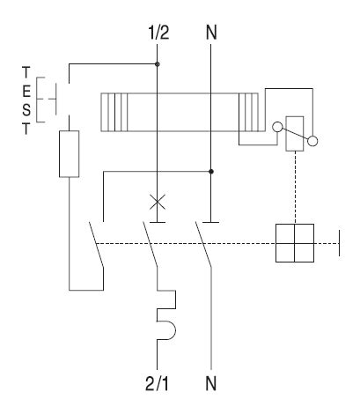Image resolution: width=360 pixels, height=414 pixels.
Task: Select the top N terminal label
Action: click(x=211, y=34)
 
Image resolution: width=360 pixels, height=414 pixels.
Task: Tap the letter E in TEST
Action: click(x=26, y=92)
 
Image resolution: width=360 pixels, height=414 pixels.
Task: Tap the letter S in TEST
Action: click(x=26, y=109)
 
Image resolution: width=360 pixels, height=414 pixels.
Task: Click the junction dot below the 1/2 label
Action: click(x=157, y=63)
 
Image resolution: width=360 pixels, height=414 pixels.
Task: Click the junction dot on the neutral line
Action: click(x=211, y=171)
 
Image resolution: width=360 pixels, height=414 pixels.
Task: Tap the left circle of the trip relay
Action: click(x=278, y=126)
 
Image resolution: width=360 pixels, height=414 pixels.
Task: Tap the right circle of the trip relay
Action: click(x=312, y=138)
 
